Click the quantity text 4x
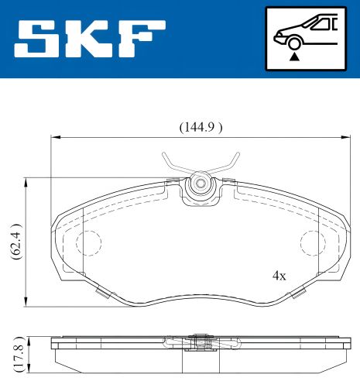(279, 275)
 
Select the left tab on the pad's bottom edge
(101, 293)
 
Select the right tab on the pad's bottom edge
(297, 293)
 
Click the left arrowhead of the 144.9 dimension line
(54, 138)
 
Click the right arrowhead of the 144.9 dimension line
(345, 138)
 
